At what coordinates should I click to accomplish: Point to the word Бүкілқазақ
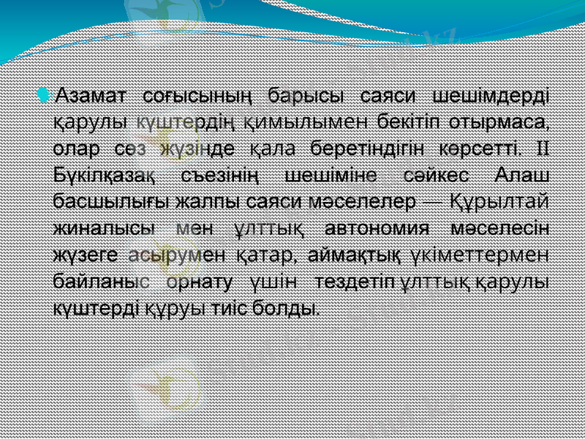(104, 174)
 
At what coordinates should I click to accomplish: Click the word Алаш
(522, 174)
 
